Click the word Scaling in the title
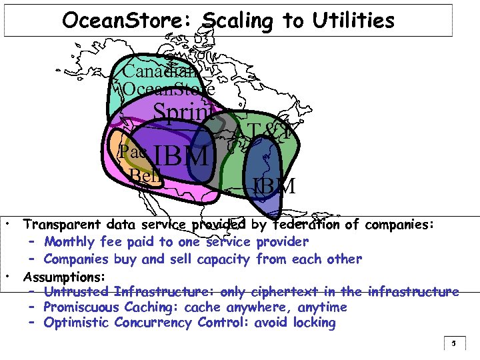237,21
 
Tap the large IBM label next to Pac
181,157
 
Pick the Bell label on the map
145,176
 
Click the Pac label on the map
133,152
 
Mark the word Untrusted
77,291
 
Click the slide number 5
453,345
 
